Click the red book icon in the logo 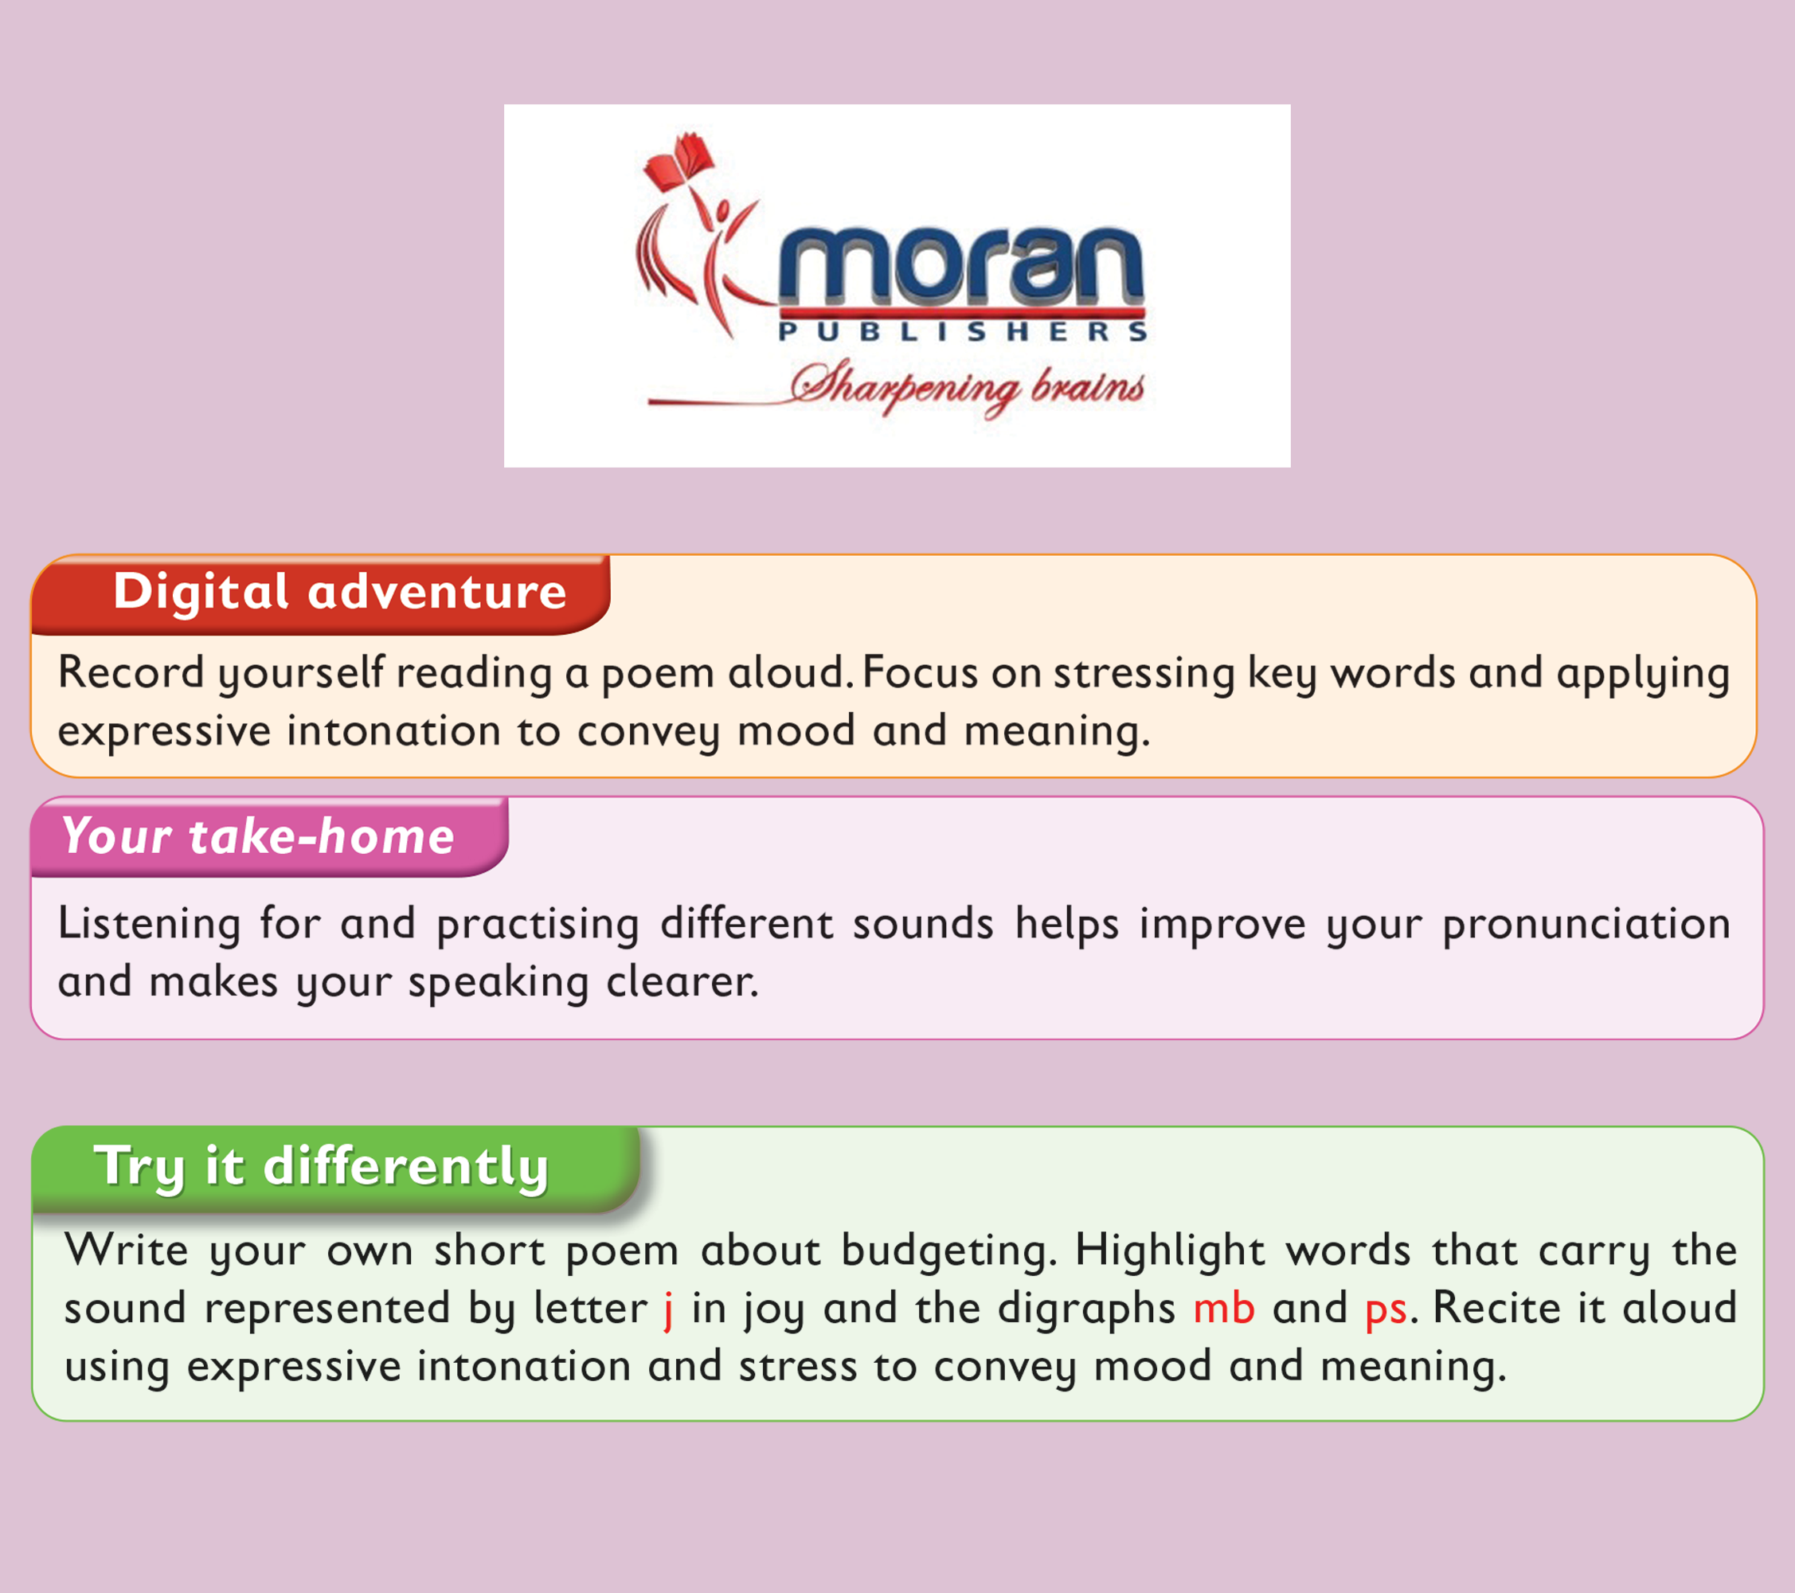tap(678, 162)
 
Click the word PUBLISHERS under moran tap(963, 331)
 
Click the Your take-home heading tap(258, 836)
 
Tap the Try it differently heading tap(322, 1167)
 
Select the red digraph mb tap(1223, 1308)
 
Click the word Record tap(131, 673)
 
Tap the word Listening tap(149, 925)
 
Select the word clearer tap(682, 981)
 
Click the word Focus tap(921, 673)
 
